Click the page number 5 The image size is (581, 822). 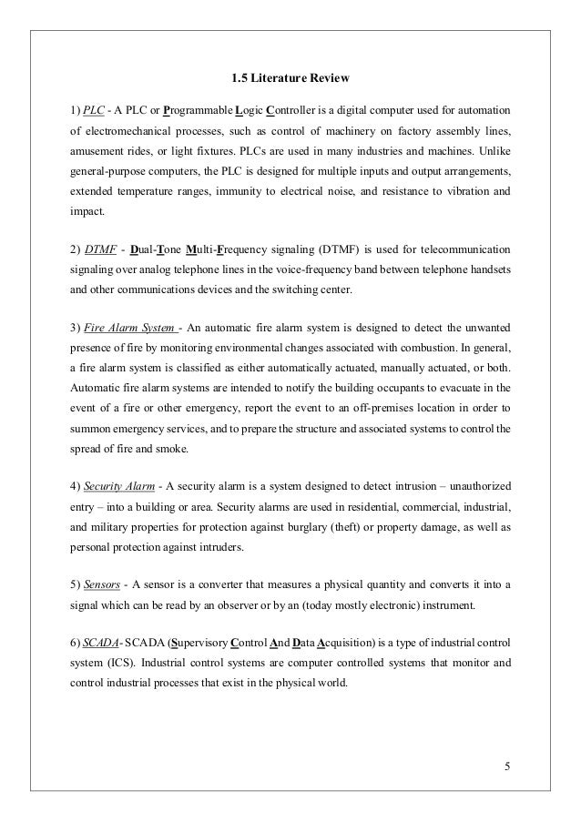point(508,763)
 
